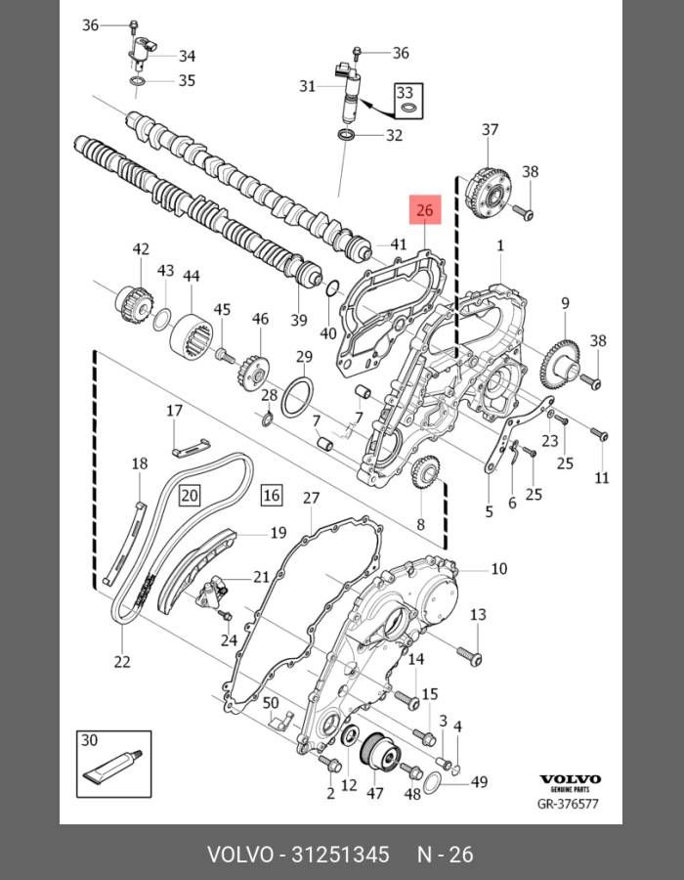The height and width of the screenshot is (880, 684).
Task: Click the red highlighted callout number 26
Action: (x=424, y=210)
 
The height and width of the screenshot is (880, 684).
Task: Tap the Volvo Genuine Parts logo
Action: (x=570, y=783)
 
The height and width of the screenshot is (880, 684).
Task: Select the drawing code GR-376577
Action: (x=568, y=805)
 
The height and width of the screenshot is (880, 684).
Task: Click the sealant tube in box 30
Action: (x=114, y=767)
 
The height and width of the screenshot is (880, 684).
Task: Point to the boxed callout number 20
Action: (x=189, y=496)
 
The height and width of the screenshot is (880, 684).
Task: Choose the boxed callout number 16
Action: (x=271, y=496)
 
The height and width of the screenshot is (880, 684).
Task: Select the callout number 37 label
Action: (x=490, y=130)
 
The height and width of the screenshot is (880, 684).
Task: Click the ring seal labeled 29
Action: (x=298, y=399)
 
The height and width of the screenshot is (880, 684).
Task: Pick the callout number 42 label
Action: (x=141, y=249)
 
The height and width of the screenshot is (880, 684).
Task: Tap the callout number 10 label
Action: (x=498, y=568)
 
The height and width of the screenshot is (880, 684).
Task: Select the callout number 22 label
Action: (x=121, y=662)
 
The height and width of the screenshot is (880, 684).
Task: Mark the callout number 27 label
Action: (x=311, y=499)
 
